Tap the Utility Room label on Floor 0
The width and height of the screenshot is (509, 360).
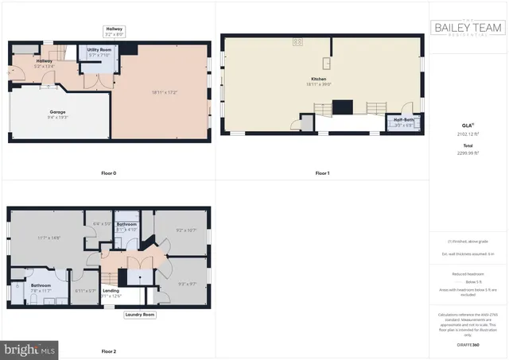click(x=99, y=49)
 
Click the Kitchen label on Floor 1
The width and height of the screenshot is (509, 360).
click(x=319, y=79)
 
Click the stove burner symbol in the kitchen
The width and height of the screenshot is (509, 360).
click(x=297, y=41)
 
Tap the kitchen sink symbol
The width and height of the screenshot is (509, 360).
click(x=326, y=63)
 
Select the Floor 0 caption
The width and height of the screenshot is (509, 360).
click(x=109, y=172)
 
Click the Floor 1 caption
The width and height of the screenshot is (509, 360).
click(x=322, y=172)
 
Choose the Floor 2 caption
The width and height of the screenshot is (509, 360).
click(x=109, y=350)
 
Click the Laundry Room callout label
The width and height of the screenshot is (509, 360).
click(x=139, y=315)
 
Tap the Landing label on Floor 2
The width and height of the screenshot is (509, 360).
click(x=111, y=291)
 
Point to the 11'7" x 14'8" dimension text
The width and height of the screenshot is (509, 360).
click(x=49, y=238)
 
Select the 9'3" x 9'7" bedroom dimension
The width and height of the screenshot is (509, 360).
click(x=188, y=284)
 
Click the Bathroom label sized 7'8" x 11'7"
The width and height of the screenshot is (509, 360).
click(x=41, y=285)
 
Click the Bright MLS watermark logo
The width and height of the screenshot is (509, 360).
click(x=30, y=348)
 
